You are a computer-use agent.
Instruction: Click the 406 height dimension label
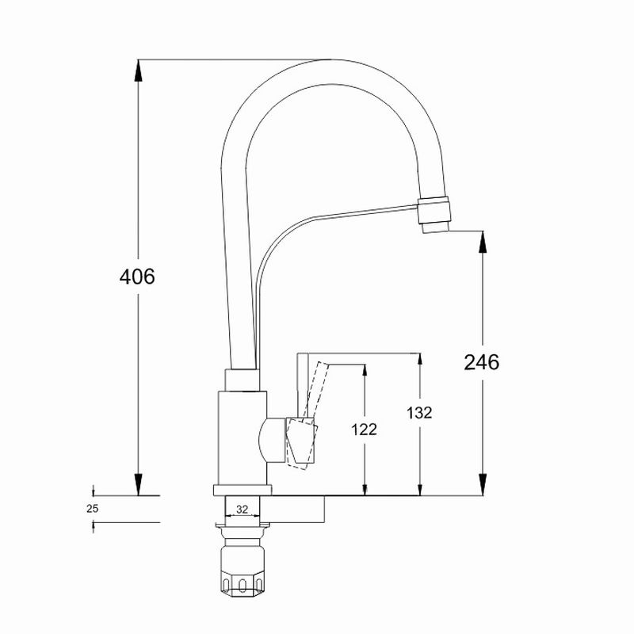[x=137, y=277]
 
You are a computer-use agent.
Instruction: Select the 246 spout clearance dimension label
[x=481, y=362]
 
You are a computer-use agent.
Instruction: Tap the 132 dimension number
[x=419, y=413]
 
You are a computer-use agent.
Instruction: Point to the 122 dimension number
[x=364, y=430]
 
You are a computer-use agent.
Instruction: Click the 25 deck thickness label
[x=92, y=509]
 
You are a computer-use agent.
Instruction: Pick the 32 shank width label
[x=242, y=510]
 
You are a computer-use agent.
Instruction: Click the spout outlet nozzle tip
[x=435, y=227]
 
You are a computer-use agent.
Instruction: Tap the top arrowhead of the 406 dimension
[x=138, y=71]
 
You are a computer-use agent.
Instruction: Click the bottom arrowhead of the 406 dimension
[x=138, y=484]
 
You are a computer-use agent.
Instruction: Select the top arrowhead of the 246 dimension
[x=483, y=242]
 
